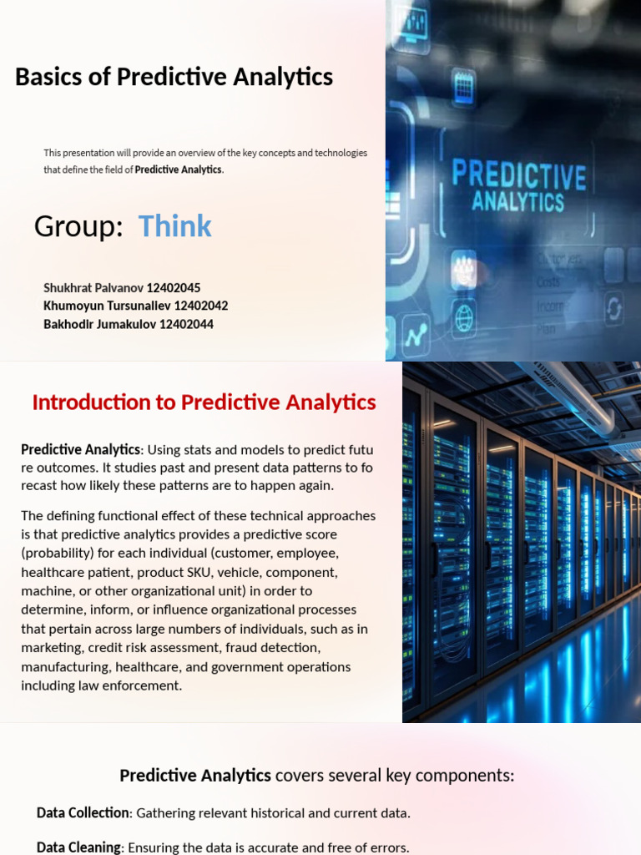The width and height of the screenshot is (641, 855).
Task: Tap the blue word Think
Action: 174,226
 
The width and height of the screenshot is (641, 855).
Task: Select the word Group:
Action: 78,226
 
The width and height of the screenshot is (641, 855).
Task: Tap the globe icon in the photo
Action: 464,318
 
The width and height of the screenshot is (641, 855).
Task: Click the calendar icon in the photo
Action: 464,85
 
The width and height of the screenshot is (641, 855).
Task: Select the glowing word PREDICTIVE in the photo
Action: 518,176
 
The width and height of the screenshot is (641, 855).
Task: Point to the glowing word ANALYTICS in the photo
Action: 517,201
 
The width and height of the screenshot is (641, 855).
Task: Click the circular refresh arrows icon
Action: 613,309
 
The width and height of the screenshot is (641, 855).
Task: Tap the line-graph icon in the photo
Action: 416,336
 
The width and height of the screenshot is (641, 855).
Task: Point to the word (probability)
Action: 59,553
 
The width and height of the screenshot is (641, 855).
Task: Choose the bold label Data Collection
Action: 83,812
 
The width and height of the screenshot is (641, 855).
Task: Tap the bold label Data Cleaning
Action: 78,847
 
